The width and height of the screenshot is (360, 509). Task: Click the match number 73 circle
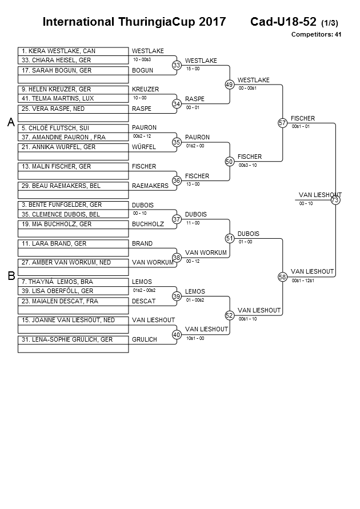click(x=335, y=200)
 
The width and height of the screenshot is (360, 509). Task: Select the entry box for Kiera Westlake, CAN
click(x=73, y=51)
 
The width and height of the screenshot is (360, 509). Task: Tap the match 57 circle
click(x=282, y=123)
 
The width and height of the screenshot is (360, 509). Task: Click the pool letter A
click(x=11, y=122)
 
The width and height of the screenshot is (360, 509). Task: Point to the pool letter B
click(x=11, y=276)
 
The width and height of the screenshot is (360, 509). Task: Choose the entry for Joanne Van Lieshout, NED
click(x=73, y=320)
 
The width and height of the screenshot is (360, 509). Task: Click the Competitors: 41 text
click(x=316, y=34)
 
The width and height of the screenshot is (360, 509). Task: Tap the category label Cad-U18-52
click(x=283, y=22)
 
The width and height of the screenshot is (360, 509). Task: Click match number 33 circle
click(x=177, y=65)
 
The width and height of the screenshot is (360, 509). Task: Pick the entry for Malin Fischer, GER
click(x=73, y=167)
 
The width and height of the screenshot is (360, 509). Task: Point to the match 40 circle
click(x=177, y=334)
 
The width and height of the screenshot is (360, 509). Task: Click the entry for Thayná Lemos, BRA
click(x=73, y=282)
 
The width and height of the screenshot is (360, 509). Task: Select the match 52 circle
click(x=230, y=315)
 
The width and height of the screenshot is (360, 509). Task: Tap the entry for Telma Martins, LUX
click(x=73, y=98)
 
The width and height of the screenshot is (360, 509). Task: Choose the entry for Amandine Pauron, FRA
click(x=73, y=137)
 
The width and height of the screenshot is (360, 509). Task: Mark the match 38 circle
click(x=177, y=258)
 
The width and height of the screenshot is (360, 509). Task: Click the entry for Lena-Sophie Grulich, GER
click(x=73, y=340)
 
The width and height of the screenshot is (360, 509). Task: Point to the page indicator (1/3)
click(x=330, y=23)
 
